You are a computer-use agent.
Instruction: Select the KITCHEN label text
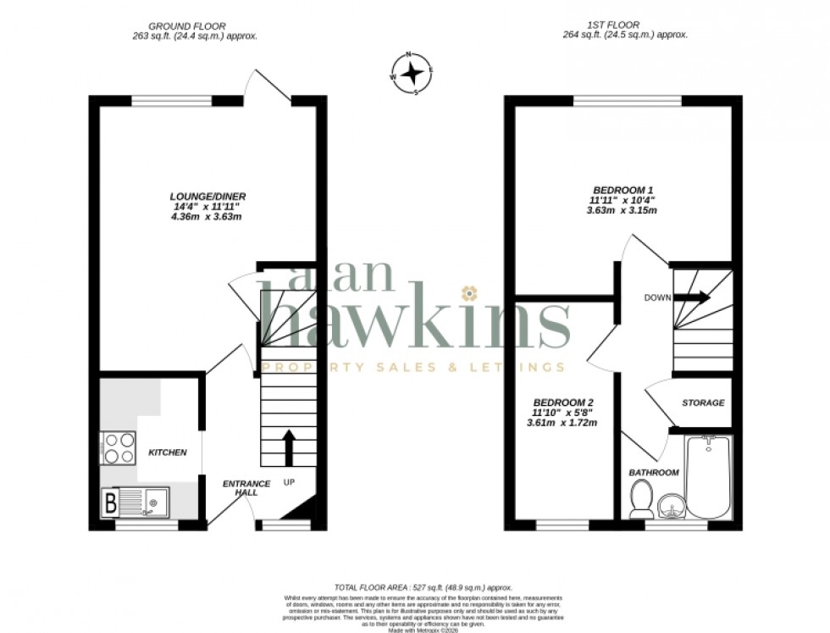click(168, 453)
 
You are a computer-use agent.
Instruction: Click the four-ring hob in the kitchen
click(119, 447)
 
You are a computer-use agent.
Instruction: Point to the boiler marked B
click(110, 503)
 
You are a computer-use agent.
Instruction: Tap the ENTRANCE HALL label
click(246, 489)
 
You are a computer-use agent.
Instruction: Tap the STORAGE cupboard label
click(703, 403)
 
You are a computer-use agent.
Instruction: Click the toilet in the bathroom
click(641, 498)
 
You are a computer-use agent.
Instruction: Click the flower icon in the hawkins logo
click(467, 293)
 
